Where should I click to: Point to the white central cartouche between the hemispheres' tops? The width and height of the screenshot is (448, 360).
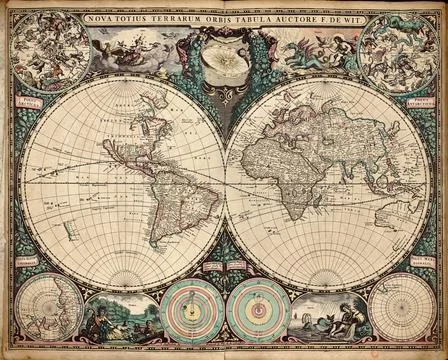click(x=224, y=60)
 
